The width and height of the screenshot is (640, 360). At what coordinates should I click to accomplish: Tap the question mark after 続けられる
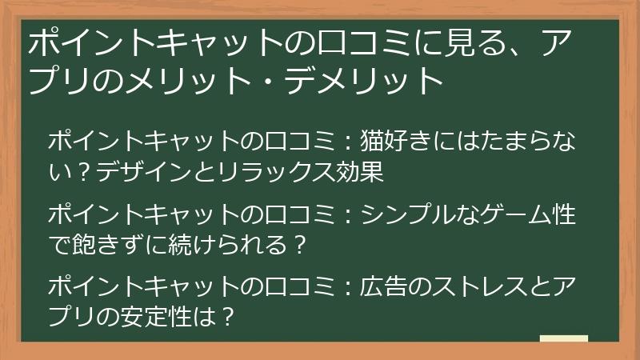pos(298,244)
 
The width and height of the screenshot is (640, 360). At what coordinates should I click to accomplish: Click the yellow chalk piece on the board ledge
pos(563,338)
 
